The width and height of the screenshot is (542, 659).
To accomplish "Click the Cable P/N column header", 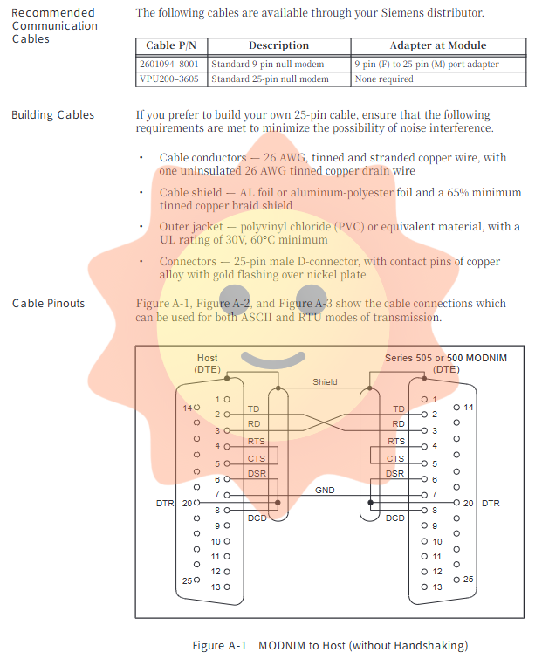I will tap(172, 45).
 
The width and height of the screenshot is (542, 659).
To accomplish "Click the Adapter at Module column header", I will tap(439, 45).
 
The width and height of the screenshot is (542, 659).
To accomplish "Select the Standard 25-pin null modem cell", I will tap(279, 79).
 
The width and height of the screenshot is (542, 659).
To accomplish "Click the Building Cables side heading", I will tap(52, 115).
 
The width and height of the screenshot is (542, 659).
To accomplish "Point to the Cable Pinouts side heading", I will tap(48, 303).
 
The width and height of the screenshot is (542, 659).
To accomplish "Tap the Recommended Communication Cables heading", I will tap(54, 25).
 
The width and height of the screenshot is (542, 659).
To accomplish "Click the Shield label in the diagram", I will tap(325, 382).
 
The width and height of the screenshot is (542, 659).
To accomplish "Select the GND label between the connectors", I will tap(325, 491).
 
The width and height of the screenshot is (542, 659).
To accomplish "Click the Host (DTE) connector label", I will tap(208, 363).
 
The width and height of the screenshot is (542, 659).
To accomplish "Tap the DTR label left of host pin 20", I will tap(164, 504).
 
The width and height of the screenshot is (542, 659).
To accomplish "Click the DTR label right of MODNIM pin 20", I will tap(491, 504).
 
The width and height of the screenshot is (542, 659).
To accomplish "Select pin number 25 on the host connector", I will tap(187, 580).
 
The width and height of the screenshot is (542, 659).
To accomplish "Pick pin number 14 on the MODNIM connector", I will tap(469, 408).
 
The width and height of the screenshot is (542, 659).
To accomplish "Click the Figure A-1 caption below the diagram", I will tap(330, 645).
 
